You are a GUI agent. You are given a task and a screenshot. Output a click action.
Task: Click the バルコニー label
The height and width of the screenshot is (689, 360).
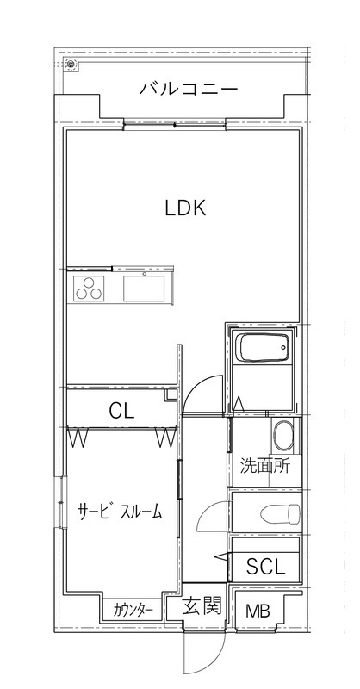tap(187, 88)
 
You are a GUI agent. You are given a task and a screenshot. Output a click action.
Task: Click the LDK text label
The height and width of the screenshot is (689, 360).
tap(184, 208)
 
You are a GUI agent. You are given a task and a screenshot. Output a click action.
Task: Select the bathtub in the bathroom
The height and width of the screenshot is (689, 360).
tap(260, 349)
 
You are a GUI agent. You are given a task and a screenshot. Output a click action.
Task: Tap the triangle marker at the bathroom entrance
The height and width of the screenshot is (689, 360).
tap(239, 404)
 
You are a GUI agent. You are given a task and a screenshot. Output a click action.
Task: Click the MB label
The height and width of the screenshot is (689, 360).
tap(257, 612)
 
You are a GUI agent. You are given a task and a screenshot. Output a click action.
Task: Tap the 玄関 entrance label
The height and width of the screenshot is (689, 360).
tap(203, 605)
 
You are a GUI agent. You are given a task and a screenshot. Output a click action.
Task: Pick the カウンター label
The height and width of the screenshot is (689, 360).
tap(133, 611)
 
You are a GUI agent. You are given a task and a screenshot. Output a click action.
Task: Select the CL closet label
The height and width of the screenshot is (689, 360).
tap(121, 411)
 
